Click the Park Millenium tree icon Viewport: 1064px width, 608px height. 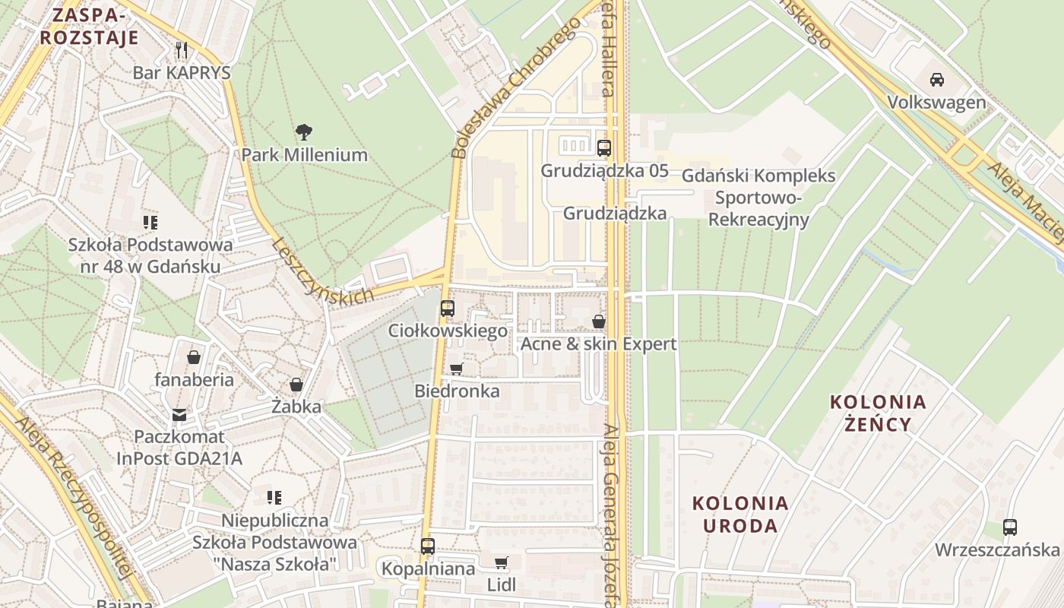tap(304, 132)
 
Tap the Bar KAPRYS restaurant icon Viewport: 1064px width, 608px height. tap(181, 50)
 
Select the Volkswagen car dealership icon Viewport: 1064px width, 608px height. tap(937, 80)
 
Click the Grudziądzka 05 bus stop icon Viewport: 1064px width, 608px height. tap(604, 148)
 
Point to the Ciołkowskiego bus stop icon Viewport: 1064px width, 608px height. tap(448, 309)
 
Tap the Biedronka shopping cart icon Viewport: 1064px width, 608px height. tap(456, 369)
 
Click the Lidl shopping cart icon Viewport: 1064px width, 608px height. tap(501, 562)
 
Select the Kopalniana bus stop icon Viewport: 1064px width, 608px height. tap(428, 546)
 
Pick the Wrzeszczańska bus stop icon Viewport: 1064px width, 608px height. tap(1009, 527)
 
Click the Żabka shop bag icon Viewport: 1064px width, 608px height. tap(296, 385)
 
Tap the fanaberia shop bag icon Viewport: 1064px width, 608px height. tap(194, 356)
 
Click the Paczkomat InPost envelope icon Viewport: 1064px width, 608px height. tap(179, 414)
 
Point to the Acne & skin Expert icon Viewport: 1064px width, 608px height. tap(599, 321)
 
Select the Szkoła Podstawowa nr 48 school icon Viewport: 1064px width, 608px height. tap(150, 223)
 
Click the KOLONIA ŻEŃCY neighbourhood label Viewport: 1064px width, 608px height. tap(878, 413)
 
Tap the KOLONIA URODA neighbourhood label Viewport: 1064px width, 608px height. tap(740, 514)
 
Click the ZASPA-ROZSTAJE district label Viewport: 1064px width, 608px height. tap(90, 27)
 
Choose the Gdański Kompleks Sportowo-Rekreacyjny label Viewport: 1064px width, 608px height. tap(758, 198)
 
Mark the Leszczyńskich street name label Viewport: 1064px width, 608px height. tap(322, 271)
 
